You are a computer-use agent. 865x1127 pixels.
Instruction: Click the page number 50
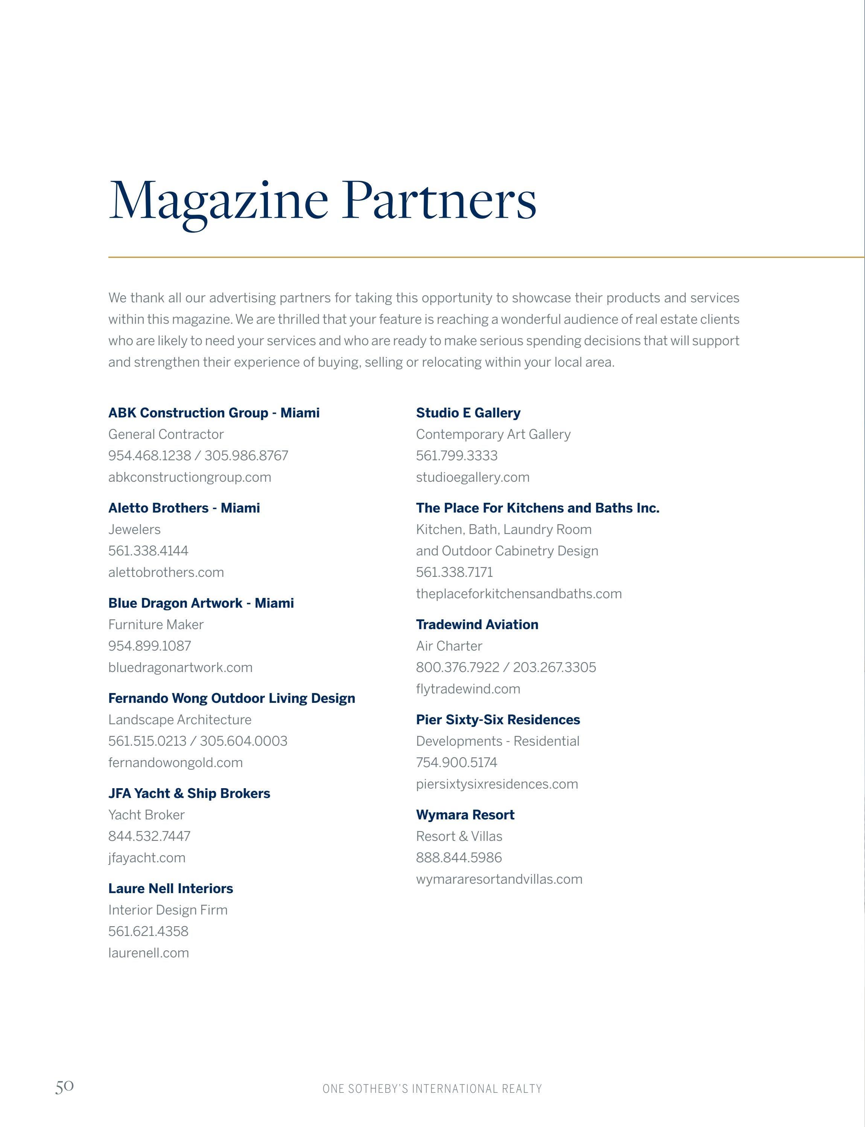(x=64, y=1086)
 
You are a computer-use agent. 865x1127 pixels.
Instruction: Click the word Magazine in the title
(x=218, y=201)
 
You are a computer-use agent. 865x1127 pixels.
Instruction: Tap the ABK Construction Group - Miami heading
(x=214, y=413)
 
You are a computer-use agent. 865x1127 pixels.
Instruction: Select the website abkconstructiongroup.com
(x=190, y=477)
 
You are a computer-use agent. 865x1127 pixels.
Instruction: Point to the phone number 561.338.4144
(x=148, y=551)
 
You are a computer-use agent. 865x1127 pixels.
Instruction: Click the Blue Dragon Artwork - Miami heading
(x=201, y=603)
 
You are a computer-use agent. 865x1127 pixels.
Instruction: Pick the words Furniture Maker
(x=155, y=624)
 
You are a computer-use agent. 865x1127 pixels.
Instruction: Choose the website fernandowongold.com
(x=175, y=762)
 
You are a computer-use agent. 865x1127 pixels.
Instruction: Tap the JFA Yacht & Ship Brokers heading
(x=189, y=793)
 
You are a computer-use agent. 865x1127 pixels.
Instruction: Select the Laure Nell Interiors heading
(x=170, y=888)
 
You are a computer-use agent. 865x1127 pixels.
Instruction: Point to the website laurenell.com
(x=148, y=953)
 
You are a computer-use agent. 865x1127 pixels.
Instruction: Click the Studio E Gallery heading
(x=468, y=413)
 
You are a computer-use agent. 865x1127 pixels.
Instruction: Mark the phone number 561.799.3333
(x=457, y=455)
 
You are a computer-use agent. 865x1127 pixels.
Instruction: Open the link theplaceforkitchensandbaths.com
(x=518, y=593)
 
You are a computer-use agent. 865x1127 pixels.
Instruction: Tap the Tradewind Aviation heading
(x=477, y=624)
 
